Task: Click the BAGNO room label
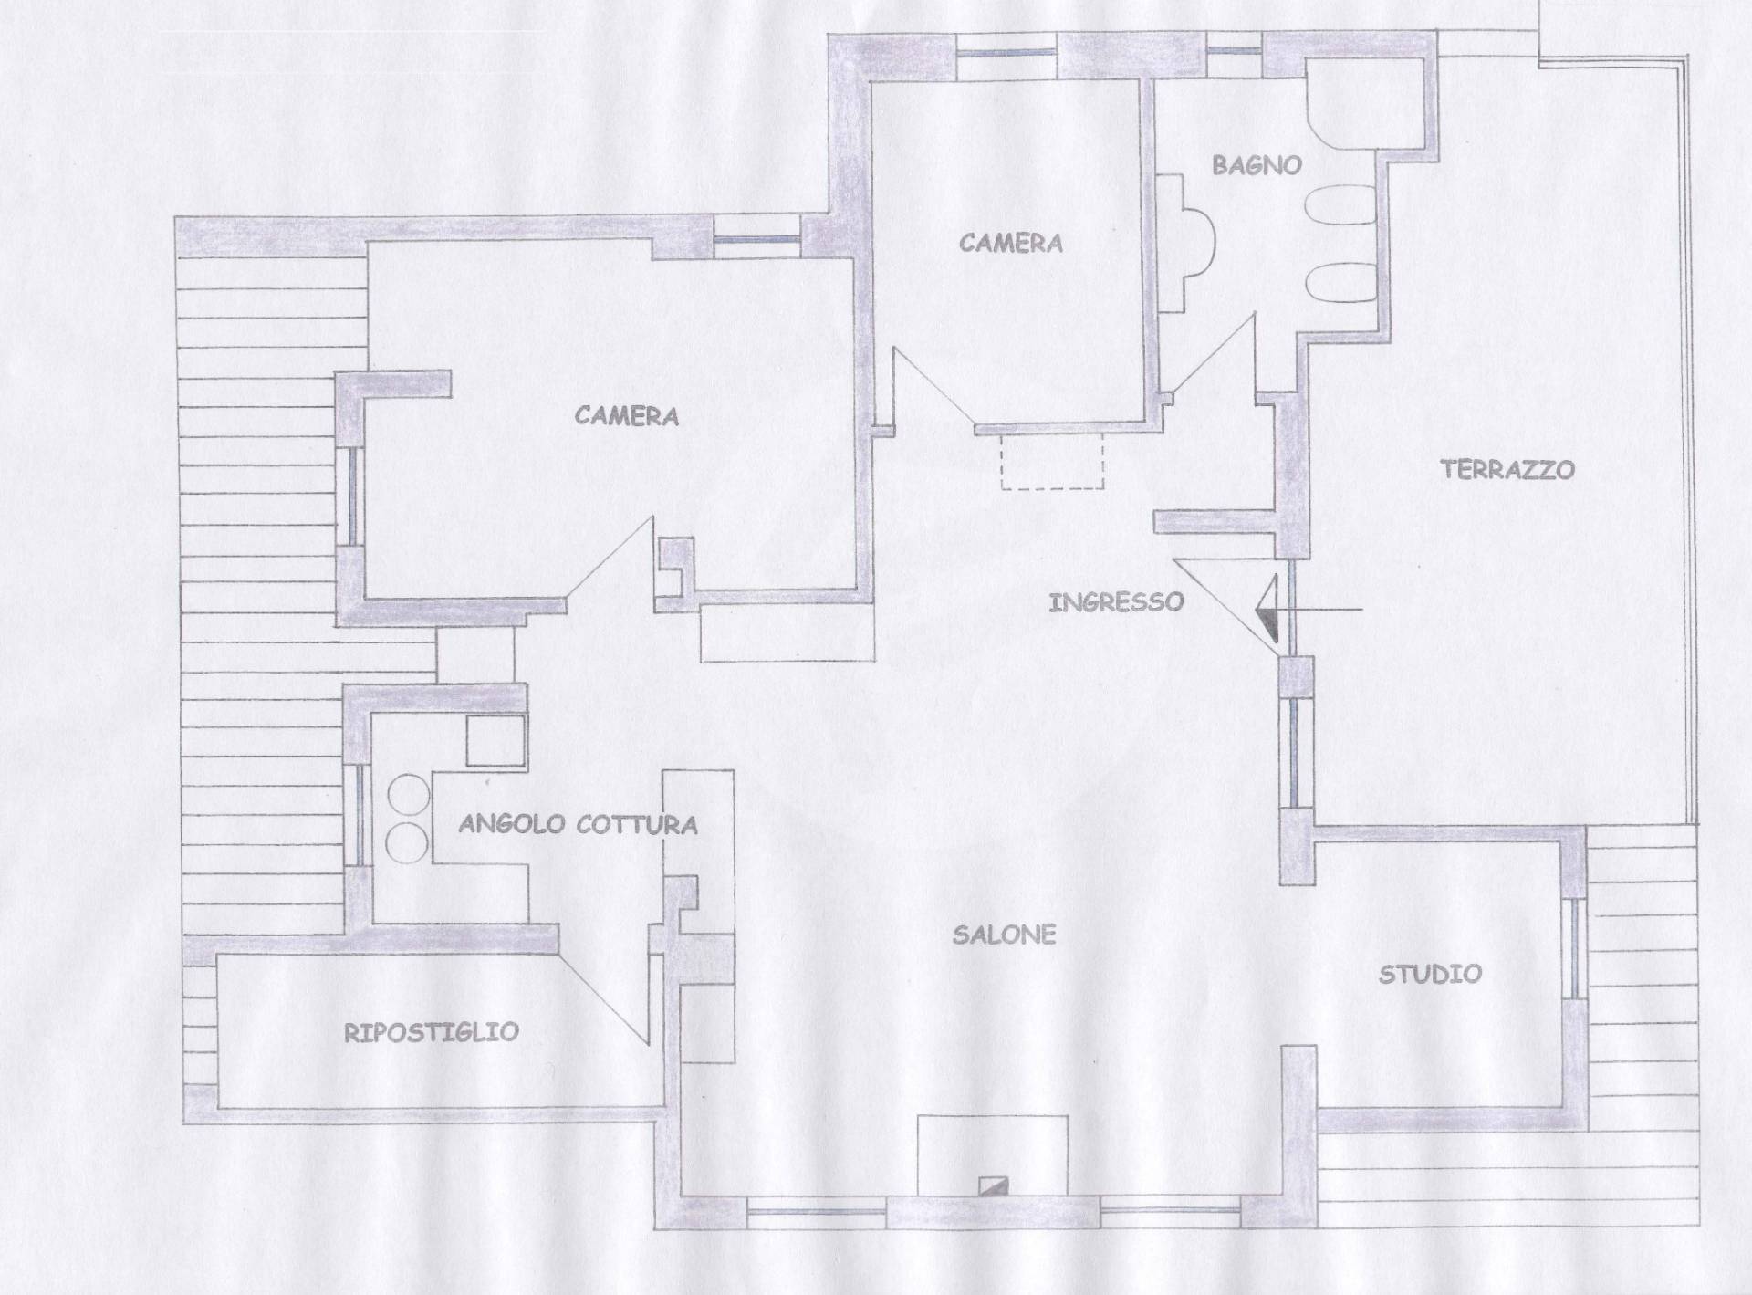1256,165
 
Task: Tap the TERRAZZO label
1507,469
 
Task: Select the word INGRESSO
1116,602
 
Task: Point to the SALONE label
1004,935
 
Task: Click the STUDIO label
1429,974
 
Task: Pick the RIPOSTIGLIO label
431,1032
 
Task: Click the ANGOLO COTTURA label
578,825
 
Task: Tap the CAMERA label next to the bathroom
1010,243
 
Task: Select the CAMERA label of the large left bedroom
626,416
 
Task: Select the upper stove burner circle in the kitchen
408,793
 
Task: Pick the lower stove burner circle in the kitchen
408,842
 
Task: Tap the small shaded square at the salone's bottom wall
992,1185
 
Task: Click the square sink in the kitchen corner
495,740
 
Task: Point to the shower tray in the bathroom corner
1365,105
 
